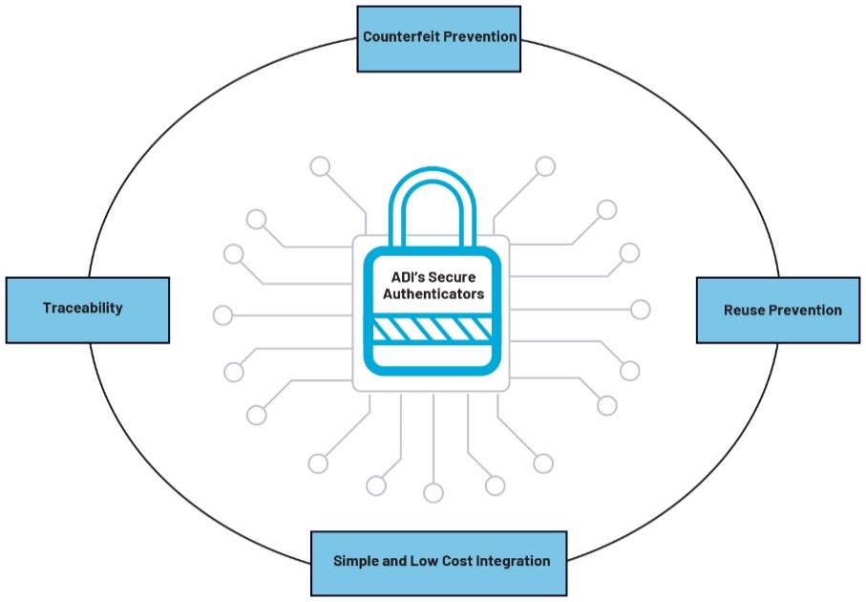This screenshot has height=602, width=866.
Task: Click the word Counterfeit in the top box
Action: tap(401, 37)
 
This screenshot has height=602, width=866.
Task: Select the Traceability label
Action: tap(82, 309)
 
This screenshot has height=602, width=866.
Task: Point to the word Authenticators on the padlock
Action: tap(433, 294)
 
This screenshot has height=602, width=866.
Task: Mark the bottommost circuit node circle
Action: tap(433, 493)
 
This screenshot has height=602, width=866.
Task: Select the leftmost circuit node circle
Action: tap(222, 314)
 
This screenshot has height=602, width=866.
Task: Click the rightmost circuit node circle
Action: tap(641, 310)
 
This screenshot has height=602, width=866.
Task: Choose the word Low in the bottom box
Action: tap(417, 561)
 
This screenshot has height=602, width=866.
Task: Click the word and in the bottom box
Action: tap(391, 561)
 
